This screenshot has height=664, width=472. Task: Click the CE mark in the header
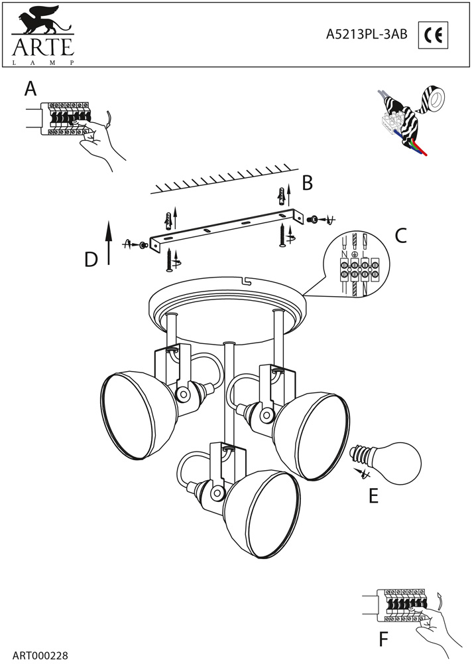(434, 36)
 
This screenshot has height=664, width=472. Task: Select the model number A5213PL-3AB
(367, 37)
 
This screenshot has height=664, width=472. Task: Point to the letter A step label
(30, 89)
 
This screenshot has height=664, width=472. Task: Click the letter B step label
(307, 183)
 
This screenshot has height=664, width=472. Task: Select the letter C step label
(400, 235)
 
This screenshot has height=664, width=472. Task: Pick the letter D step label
(91, 260)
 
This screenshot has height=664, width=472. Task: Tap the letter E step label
(373, 495)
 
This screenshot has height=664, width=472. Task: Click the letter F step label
(383, 639)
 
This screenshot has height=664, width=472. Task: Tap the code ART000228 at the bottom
(40, 655)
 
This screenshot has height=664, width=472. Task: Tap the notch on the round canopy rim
(246, 282)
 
